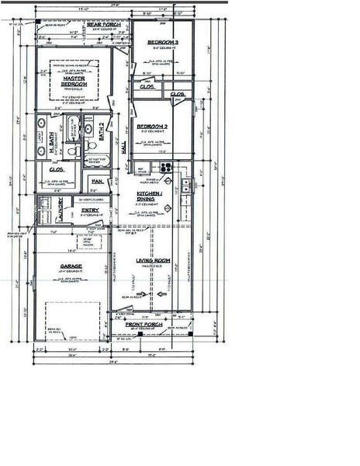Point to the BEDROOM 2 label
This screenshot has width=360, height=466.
154,126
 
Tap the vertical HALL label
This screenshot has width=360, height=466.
123,148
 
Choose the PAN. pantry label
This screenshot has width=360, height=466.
97,182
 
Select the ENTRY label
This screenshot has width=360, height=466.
89,209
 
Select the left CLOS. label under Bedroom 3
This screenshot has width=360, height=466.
147,87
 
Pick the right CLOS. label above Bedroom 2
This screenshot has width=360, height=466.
178,94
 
